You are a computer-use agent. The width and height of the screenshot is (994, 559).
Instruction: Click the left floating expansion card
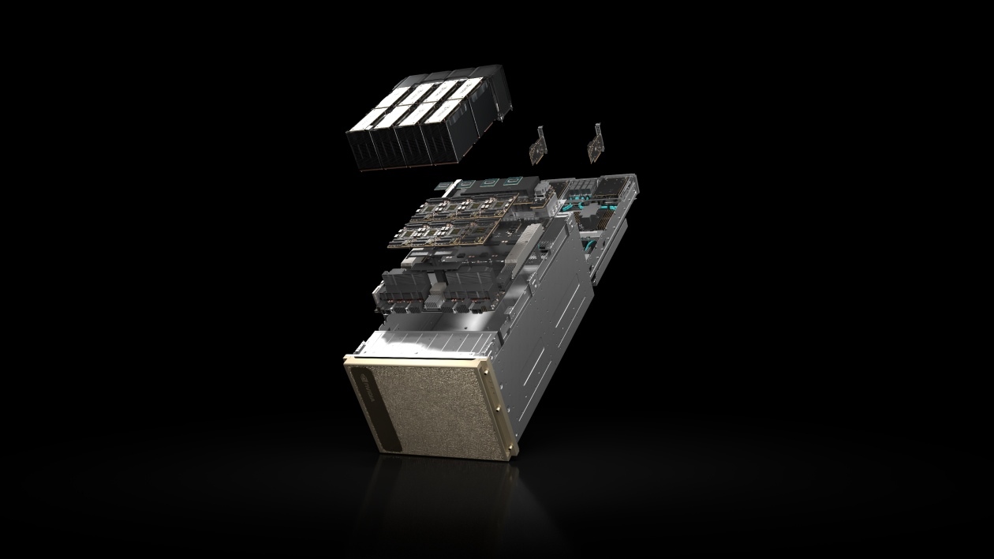(536, 144)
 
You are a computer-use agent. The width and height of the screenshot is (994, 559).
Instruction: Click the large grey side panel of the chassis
(544, 332)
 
